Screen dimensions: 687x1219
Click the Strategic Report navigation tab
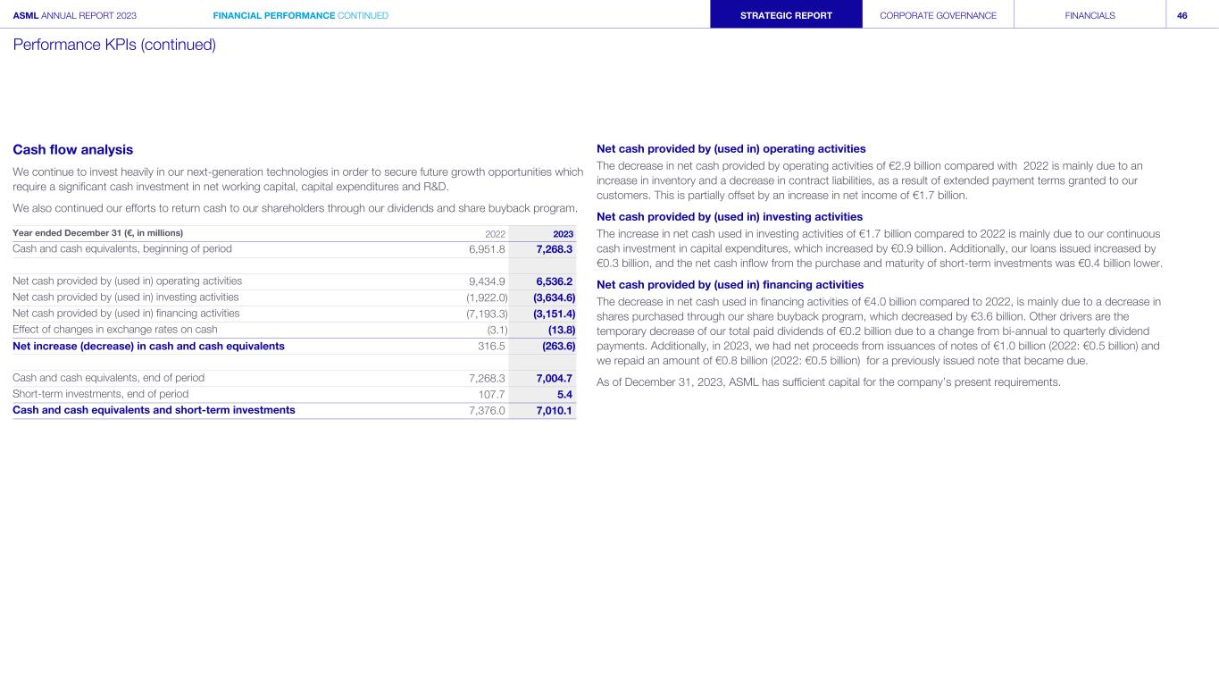pos(786,15)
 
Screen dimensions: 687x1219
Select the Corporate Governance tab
pos(938,15)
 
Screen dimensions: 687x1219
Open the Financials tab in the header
pos(1090,15)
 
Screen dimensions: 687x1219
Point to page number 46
pos(1182,15)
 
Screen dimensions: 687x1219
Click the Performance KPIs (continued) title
pos(114,45)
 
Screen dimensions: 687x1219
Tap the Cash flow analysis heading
pos(72,150)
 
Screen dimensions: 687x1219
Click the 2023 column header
pos(563,233)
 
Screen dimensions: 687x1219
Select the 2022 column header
pos(495,233)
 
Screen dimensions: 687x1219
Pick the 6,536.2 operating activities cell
pos(554,281)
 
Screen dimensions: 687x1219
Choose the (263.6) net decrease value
pos(558,346)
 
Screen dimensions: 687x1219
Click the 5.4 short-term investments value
pos(564,394)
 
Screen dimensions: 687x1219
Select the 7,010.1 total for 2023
pos(554,410)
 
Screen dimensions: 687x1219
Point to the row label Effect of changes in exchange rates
pos(115,329)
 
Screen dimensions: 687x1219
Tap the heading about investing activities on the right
pos(729,217)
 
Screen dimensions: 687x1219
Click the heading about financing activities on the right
pos(730,285)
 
